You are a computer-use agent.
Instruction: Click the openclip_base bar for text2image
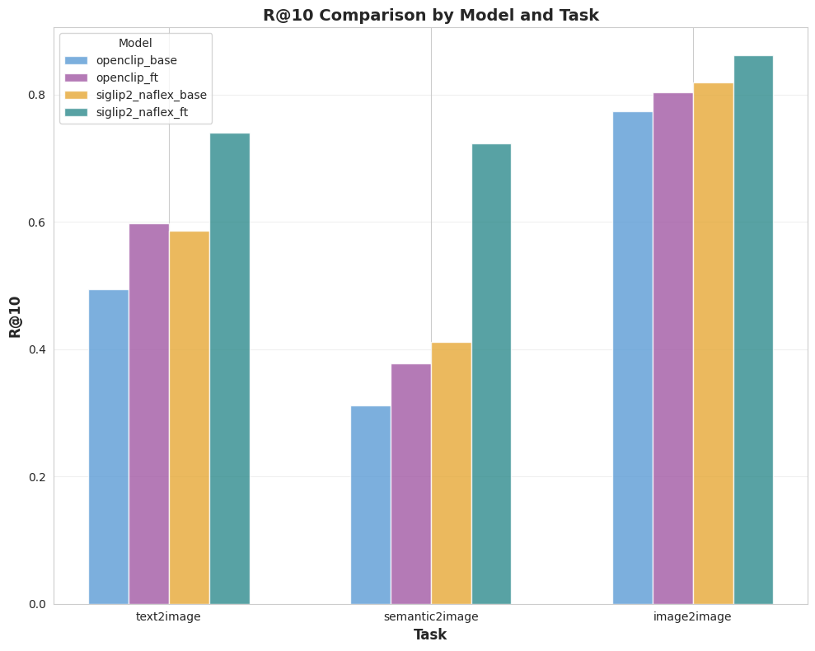(x=108, y=447)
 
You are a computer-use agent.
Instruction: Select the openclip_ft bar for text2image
(x=148, y=414)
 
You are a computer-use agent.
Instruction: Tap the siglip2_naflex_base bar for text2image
(x=189, y=418)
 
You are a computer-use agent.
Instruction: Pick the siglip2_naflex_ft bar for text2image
(x=229, y=368)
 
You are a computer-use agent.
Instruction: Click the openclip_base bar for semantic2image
(x=370, y=504)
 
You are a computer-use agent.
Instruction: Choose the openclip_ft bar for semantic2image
(x=410, y=484)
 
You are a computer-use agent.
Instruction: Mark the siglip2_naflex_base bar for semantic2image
(x=451, y=473)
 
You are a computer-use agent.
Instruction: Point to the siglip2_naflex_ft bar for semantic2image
(x=491, y=374)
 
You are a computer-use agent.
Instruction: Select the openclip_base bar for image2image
(x=632, y=358)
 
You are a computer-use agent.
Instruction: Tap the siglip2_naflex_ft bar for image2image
(x=753, y=330)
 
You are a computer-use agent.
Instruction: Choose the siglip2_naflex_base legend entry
(x=151, y=95)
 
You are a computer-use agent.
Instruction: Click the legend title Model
(x=135, y=43)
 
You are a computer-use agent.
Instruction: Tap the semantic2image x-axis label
(x=430, y=616)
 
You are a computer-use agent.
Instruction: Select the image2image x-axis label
(x=692, y=616)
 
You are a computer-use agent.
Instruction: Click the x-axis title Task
(x=430, y=635)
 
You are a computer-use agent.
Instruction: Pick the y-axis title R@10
(x=16, y=316)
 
